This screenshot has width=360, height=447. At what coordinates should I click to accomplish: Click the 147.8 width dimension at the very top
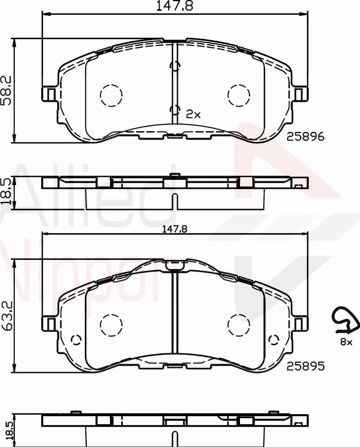175,6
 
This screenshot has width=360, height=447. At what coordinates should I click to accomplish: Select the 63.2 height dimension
6,316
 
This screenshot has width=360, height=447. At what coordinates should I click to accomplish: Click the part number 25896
305,137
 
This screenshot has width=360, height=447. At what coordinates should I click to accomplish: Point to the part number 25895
305,366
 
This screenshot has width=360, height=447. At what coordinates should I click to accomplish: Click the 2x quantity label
193,115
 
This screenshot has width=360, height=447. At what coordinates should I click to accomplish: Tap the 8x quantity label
346,342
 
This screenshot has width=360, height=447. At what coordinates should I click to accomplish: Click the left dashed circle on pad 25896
111,96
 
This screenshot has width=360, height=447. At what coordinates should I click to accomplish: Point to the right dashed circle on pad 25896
238,96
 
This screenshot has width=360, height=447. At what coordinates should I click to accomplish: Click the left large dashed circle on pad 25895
111,325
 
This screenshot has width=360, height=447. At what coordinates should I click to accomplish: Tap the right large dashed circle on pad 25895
238,325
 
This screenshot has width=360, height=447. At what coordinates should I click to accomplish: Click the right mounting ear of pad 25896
300,94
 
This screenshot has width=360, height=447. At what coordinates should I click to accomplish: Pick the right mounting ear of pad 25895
300,323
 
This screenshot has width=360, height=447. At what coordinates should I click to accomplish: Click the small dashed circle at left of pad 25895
76,340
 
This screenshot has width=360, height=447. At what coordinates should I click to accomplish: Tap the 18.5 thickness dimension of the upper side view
6,192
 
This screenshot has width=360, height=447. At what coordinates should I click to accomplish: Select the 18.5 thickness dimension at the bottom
6,431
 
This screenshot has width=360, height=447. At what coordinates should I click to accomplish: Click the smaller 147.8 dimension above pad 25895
175,229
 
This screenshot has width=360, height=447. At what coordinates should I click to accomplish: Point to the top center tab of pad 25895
175,265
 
